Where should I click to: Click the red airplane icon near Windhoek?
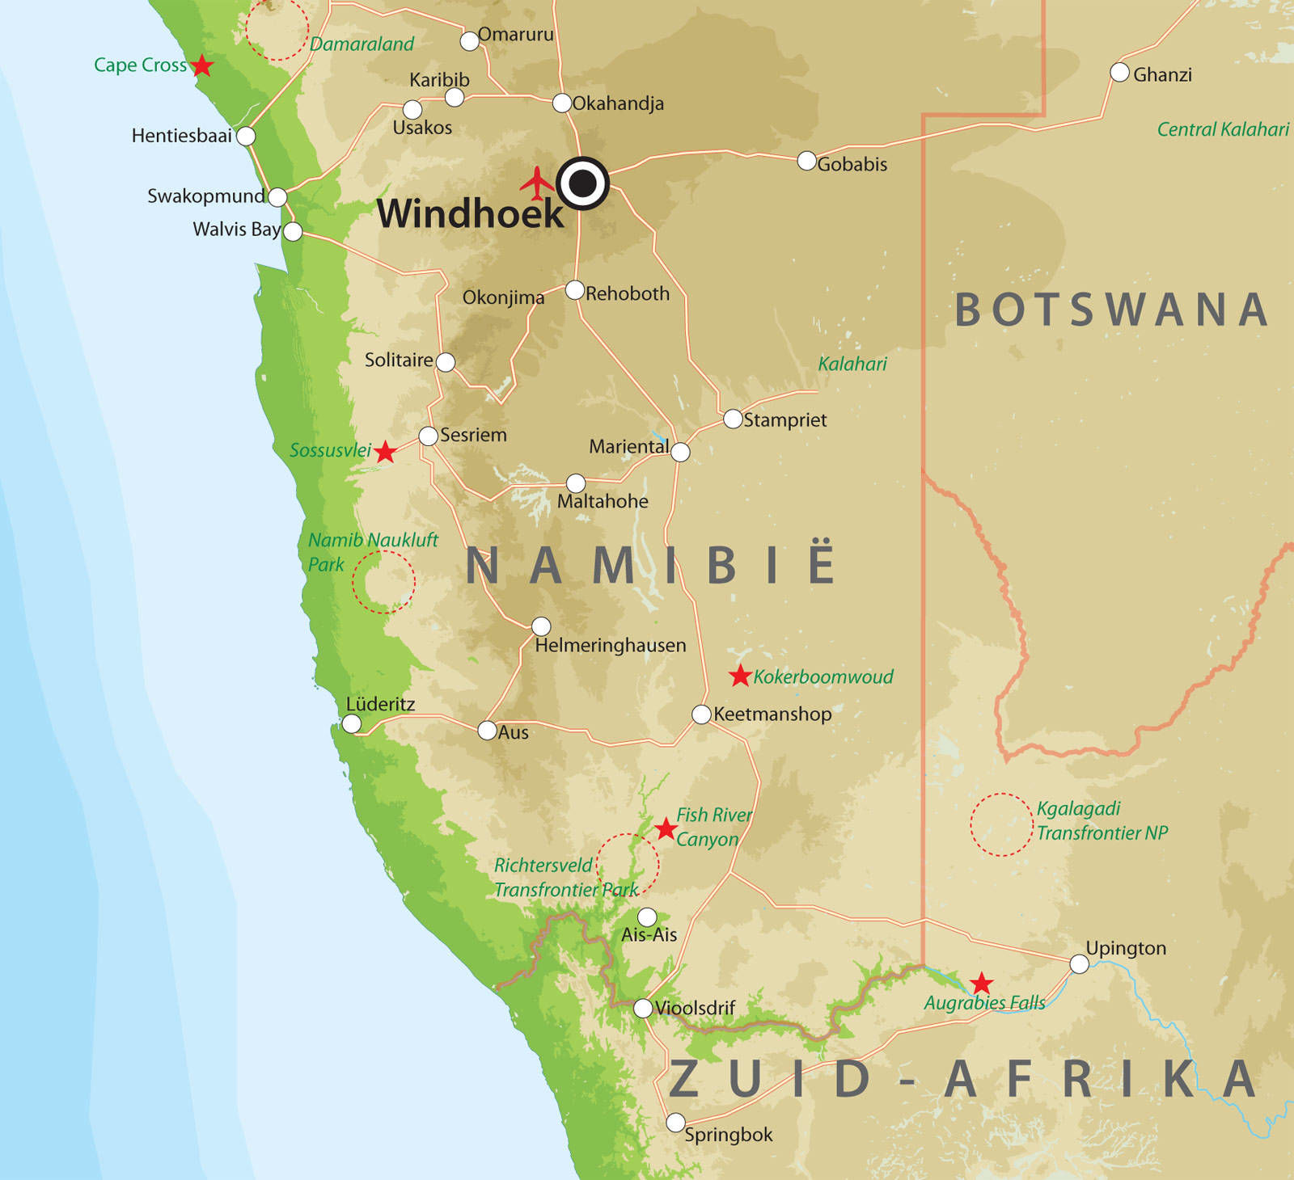click(x=537, y=183)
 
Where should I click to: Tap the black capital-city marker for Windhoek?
click(x=582, y=183)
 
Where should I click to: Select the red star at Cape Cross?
click(x=201, y=65)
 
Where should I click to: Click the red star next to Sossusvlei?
click(x=385, y=452)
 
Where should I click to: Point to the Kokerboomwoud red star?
click(x=740, y=676)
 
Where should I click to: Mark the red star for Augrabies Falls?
click(x=981, y=984)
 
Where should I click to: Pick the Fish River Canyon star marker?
click(x=665, y=828)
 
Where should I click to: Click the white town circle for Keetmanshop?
click(x=701, y=714)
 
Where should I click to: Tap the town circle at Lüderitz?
click(x=352, y=723)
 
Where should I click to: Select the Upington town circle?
click(x=1079, y=963)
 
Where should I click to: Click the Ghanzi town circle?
click(x=1119, y=73)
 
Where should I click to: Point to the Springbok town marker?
click(x=675, y=1123)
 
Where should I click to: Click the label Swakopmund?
click(x=205, y=196)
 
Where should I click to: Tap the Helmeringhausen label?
click(x=610, y=645)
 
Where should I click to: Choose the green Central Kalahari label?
click(x=1222, y=129)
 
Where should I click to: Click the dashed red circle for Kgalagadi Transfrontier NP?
click(x=1001, y=824)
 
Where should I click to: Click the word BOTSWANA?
click(x=1111, y=310)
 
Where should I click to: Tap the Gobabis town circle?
click(x=806, y=160)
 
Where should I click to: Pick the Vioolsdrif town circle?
click(x=643, y=1008)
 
